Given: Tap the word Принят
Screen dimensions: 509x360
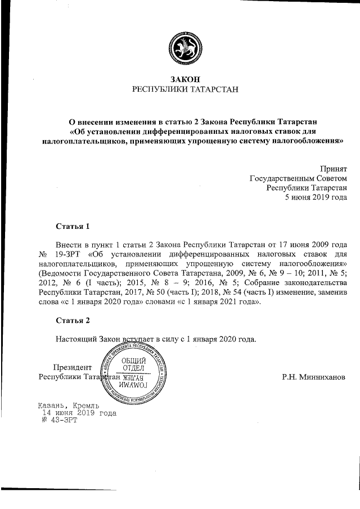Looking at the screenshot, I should point(334,168).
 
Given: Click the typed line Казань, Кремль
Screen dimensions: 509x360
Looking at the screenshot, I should point(69,405).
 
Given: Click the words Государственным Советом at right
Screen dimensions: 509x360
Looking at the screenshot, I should point(298,178).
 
